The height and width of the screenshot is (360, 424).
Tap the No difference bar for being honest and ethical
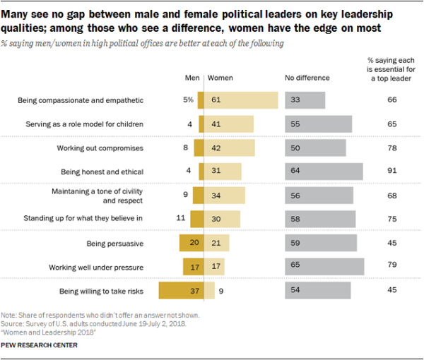point(324,172)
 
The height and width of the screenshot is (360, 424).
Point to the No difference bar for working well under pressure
point(324,267)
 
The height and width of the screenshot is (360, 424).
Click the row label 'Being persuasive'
point(116,244)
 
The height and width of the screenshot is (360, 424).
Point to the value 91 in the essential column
point(392,172)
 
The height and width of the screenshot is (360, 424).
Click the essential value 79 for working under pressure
point(392,267)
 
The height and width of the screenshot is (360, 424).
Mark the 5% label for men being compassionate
point(188,100)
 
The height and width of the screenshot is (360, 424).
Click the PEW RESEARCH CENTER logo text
point(40,346)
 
